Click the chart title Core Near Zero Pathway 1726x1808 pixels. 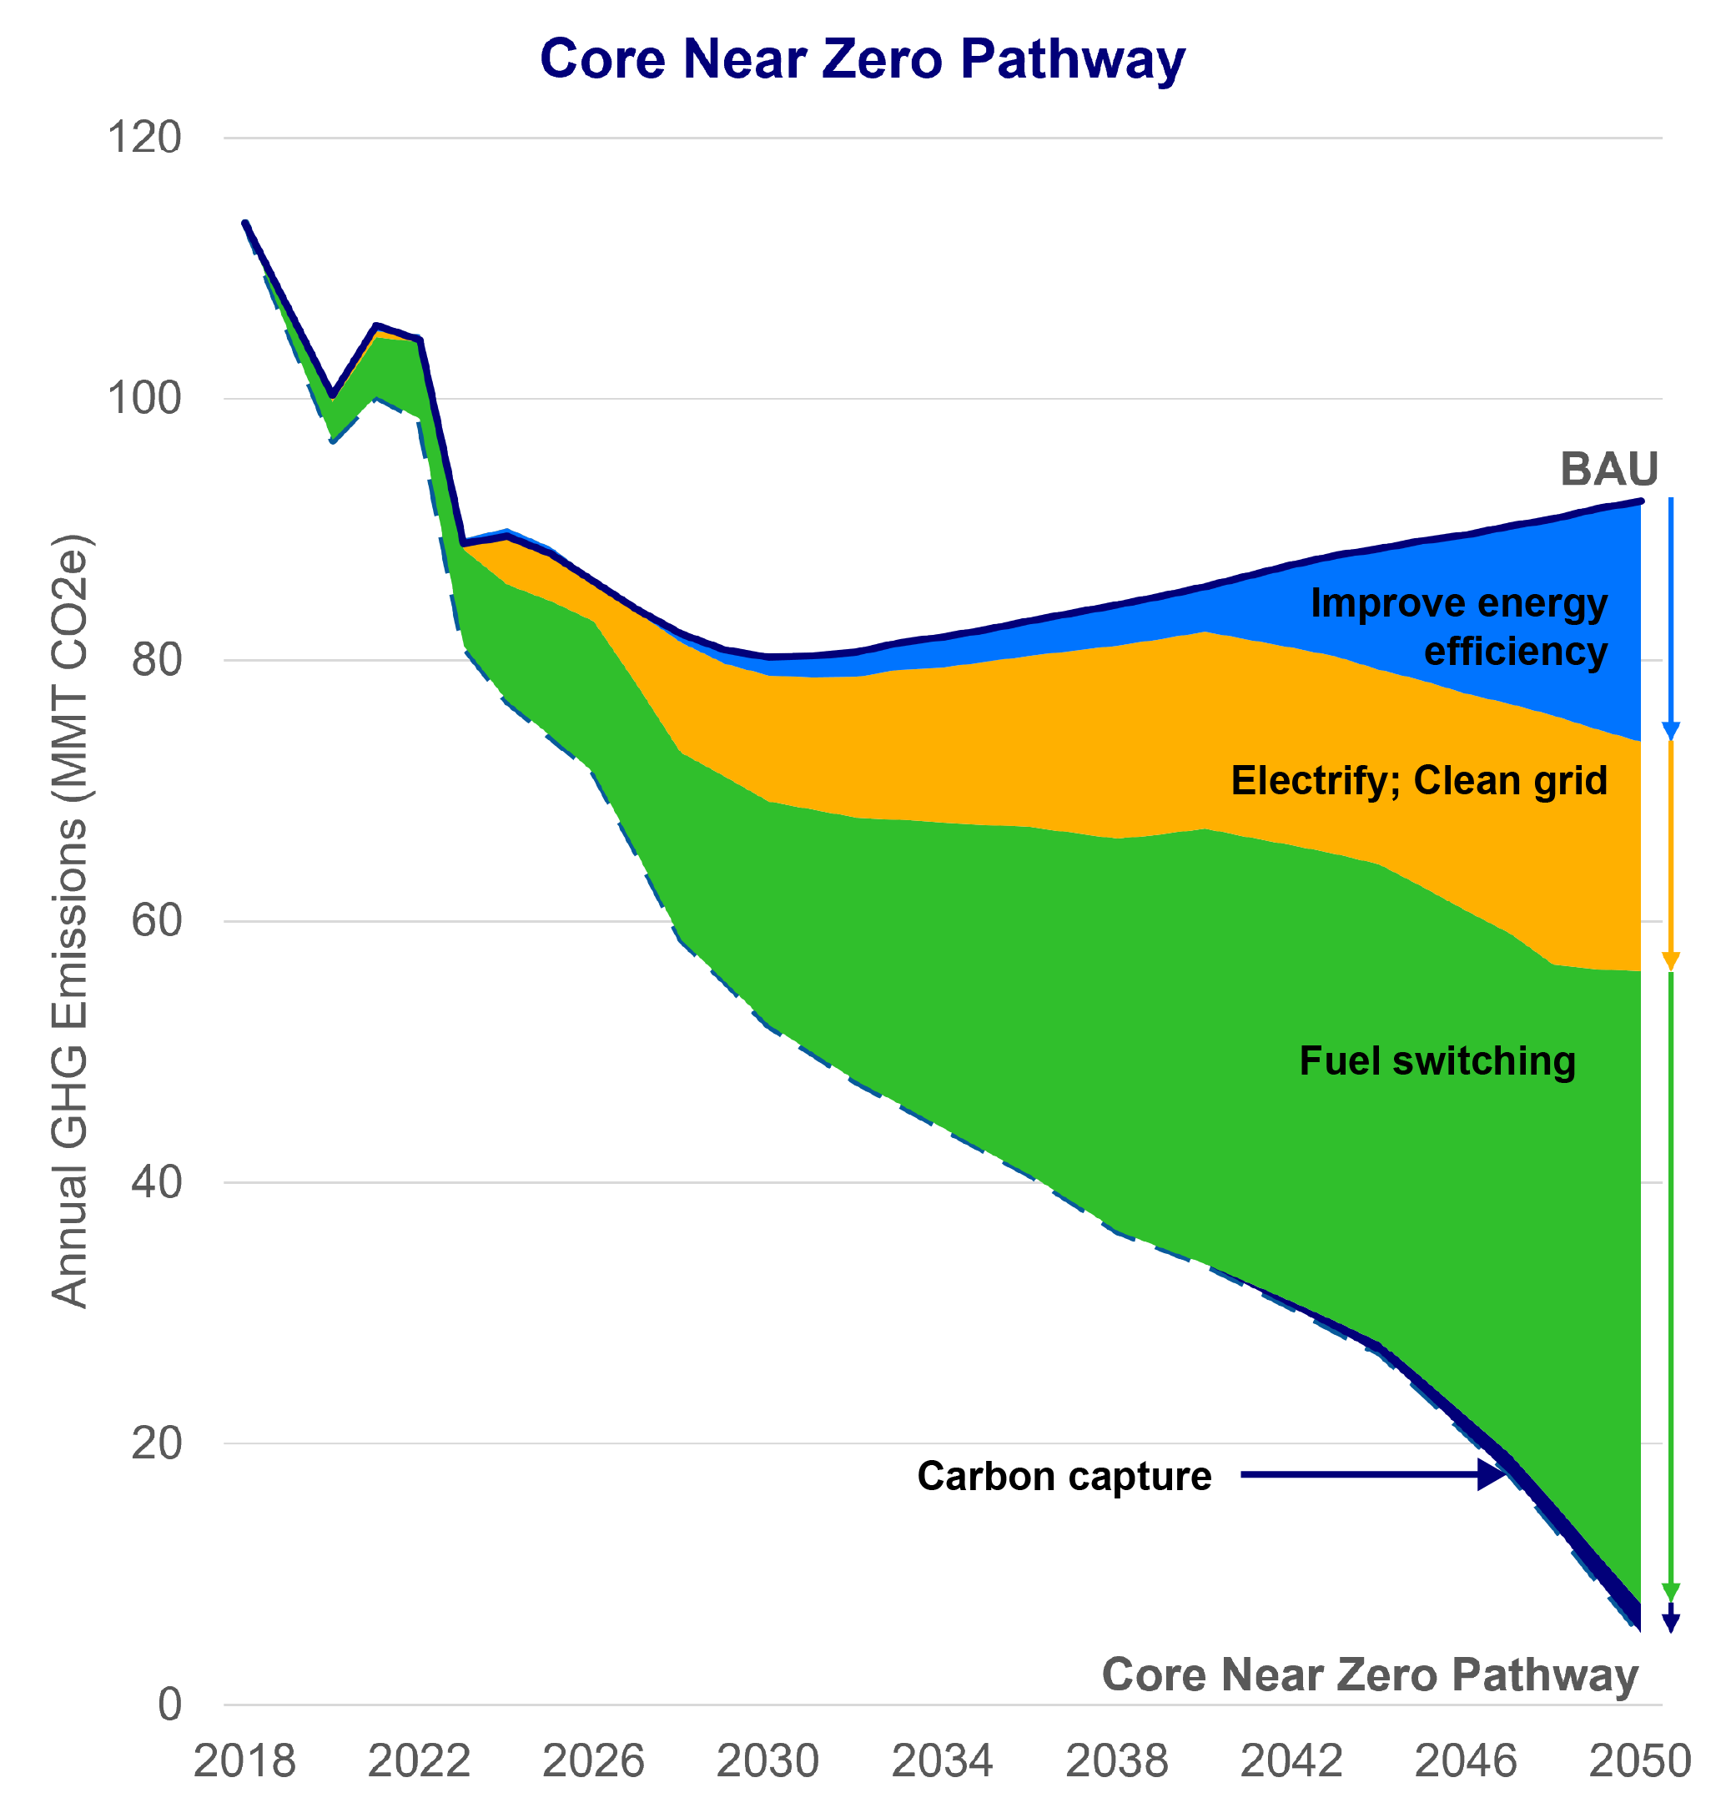pos(862,60)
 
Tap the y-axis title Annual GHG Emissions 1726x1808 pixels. pos(70,919)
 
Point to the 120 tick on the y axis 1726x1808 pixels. pos(145,138)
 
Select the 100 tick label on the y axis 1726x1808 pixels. pos(145,399)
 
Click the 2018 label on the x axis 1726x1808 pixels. pos(244,1761)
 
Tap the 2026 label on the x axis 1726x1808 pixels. pos(593,1761)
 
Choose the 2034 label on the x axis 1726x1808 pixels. pos(942,1761)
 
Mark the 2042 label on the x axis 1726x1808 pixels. pos(1291,1761)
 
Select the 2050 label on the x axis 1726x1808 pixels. pos(1640,1761)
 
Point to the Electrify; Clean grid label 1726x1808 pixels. pos(1419,780)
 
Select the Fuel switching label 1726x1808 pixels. pos(1437,1061)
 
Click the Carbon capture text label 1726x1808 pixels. pos(1064,1476)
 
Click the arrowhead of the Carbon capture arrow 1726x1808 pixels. pos(1492,1475)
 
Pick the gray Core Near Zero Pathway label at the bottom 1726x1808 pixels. pos(1370,1674)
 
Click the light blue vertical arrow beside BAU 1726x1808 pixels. pos(1671,617)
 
